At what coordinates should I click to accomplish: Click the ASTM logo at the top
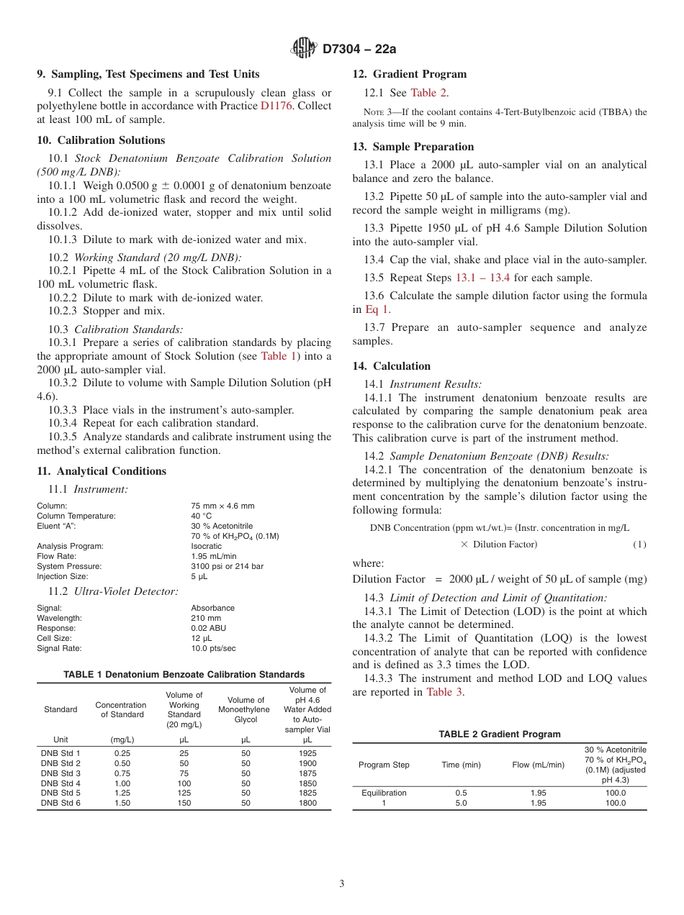click(303, 48)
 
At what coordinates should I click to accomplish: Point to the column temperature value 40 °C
click(202, 516)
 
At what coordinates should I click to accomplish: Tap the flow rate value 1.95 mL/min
click(214, 556)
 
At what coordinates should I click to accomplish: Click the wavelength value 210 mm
click(206, 618)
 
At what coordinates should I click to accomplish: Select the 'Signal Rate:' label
click(60, 648)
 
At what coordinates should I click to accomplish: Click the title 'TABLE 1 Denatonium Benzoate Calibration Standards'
click(184, 675)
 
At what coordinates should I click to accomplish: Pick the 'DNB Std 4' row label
click(60, 783)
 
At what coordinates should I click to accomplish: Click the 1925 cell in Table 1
click(307, 753)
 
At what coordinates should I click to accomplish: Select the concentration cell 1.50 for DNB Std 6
click(122, 804)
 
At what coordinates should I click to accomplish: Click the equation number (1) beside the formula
click(639, 545)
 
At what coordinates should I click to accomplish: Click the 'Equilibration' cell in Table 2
click(384, 793)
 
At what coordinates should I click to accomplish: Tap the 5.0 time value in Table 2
click(461, 803)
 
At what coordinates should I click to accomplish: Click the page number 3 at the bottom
click(342, 884)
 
